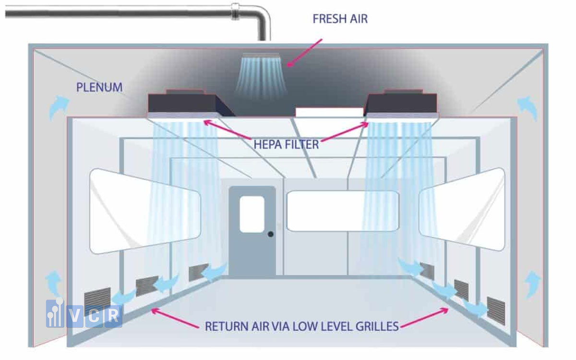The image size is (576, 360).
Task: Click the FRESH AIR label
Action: coord(340,19)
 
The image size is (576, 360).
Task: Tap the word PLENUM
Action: coord(99,87)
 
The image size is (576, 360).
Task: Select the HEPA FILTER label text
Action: coord(286,144)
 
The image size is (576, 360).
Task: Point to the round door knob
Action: coord(271,234)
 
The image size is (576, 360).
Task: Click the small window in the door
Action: coord(252,215)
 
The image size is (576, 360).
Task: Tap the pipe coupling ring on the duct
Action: coord(235,12)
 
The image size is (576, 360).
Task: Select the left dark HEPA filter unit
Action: coord(190,104)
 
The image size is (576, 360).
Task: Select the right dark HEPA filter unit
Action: coord(401,104)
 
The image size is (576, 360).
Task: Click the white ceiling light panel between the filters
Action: coord(329,112)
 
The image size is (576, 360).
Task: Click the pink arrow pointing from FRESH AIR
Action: coord(304,53)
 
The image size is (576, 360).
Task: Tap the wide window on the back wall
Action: coord(343,211)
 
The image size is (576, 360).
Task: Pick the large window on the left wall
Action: coord(145,211)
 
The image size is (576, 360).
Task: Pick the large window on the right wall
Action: coord(462,209)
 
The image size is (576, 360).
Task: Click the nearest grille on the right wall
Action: coord(496,311)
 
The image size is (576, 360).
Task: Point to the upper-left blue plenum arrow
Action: coord(59,108)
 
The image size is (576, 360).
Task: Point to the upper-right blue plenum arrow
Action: coord(527,108)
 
